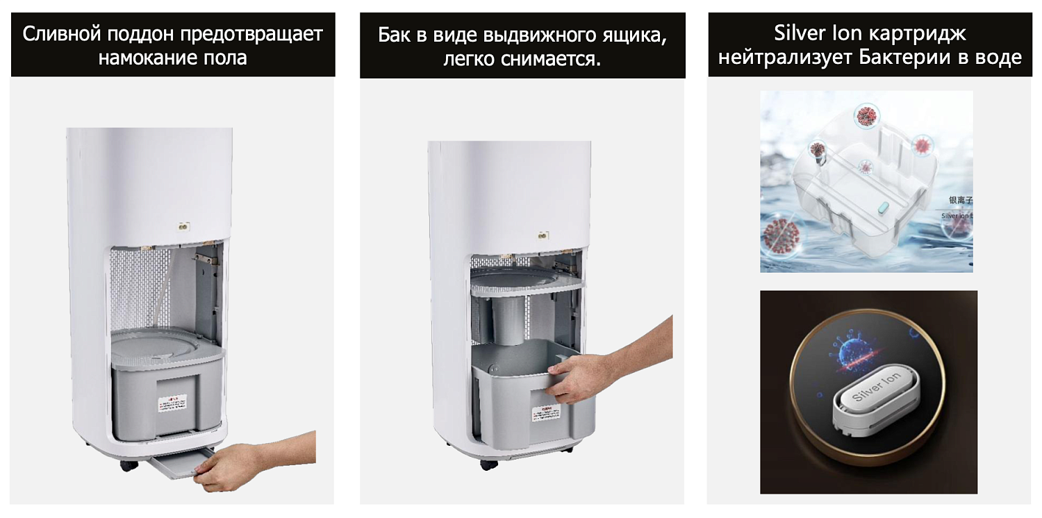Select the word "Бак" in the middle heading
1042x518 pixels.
click(395, 35)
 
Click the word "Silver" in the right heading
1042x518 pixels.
click(800, 33)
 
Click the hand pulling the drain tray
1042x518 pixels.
click(233, 463)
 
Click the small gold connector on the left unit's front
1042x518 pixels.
click(184, 226)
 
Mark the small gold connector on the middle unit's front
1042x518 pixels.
click(542, 237)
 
